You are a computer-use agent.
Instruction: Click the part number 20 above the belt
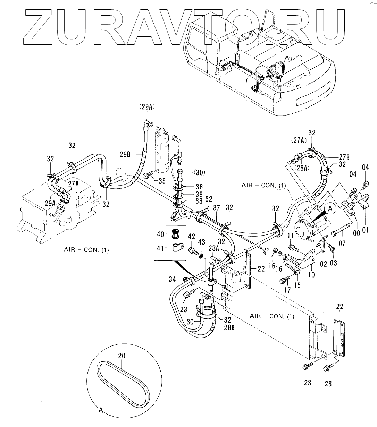pos(122,356)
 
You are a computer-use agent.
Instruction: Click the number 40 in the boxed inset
pos(160,234)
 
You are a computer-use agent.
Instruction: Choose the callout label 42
pos(192,236)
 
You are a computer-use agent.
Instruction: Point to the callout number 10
pos(312,275)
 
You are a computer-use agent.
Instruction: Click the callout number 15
pos(297,285)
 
